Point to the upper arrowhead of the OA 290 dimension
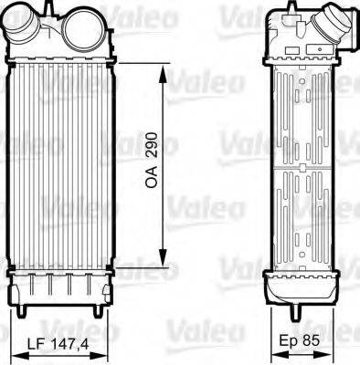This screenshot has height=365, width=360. [x=164, y=68]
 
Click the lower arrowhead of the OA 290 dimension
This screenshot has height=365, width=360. [x=164, y=258]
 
